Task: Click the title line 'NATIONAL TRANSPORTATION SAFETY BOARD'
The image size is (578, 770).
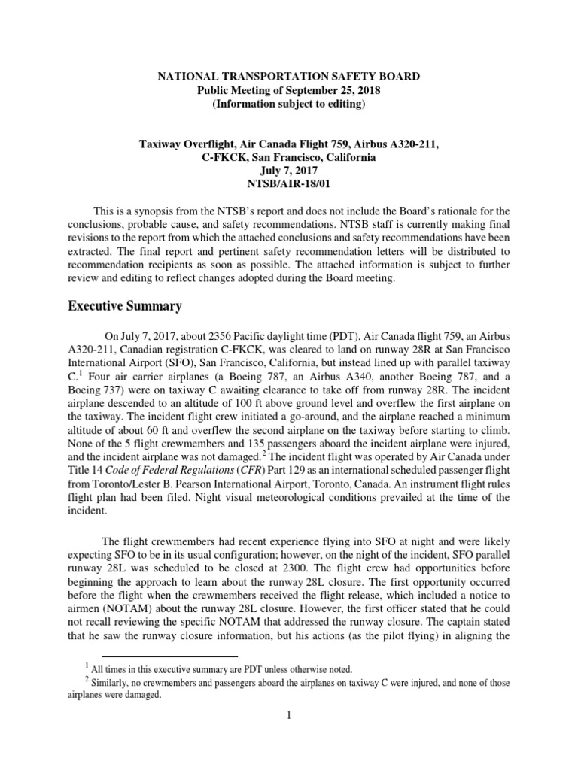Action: (x=288, y=77)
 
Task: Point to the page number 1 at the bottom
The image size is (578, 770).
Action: (x=288, y=715)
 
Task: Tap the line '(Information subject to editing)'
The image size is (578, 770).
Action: (x=288, y=104)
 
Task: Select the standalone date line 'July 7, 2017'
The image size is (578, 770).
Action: (x=288, y=171)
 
